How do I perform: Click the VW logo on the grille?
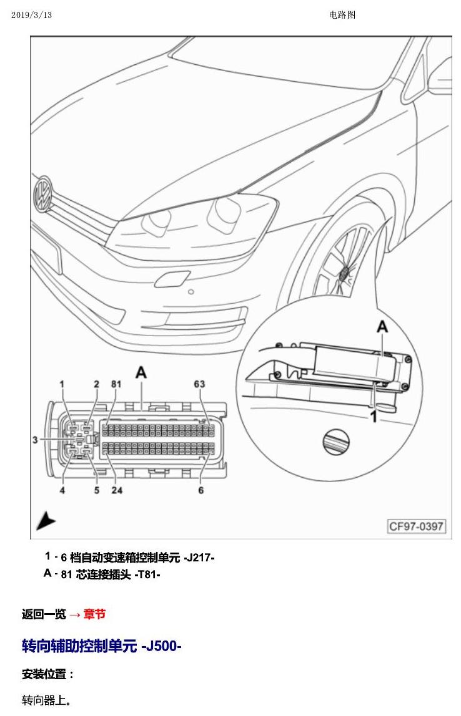coord(43,195)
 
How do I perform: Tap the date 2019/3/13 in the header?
coord(32,15)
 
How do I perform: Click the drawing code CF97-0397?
coord(416,526)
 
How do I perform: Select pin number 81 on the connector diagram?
coord(116,384)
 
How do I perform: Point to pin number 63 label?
coord(199,384)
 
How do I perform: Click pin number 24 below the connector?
coord(117,490)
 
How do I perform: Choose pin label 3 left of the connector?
coord(35,440)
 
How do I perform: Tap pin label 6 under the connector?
coord(201,490)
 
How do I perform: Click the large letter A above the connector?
coord(141,372)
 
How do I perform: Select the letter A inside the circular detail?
coord(382,326)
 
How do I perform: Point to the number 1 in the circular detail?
coord(373,417)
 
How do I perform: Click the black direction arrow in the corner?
coord(46,521)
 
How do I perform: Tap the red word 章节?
coord(95,614)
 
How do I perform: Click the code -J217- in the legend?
coord(199,558)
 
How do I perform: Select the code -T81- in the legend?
coord(147,574)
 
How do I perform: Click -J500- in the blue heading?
coord(161,646)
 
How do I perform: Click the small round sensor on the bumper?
coord(191,292)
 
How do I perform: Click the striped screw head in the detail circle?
coord(336,442)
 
